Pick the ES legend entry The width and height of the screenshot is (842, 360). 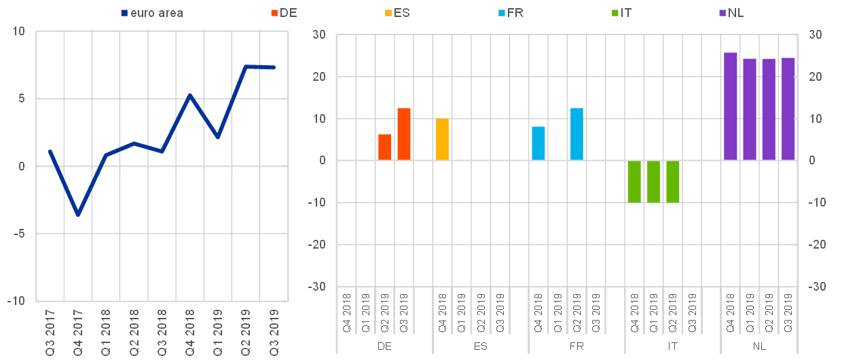coord(401,13)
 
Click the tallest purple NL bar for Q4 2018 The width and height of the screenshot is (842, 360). coord(731,107)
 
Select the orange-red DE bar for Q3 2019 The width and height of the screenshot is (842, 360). coord(404,134)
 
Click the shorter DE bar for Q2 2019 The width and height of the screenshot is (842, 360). coord(384,147)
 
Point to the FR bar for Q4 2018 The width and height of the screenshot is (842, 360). coord(538,143)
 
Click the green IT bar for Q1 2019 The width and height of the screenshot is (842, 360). coord(653,181)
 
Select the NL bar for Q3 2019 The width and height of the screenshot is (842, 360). coord(788,109)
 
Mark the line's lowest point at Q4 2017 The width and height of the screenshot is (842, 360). coord(78,215)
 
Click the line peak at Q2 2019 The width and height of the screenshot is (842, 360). coord(246,67)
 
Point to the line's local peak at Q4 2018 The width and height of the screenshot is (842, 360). coord(190,95)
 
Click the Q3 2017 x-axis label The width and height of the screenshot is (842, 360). coord(50,332)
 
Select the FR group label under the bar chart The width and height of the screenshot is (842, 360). coord(576,346)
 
